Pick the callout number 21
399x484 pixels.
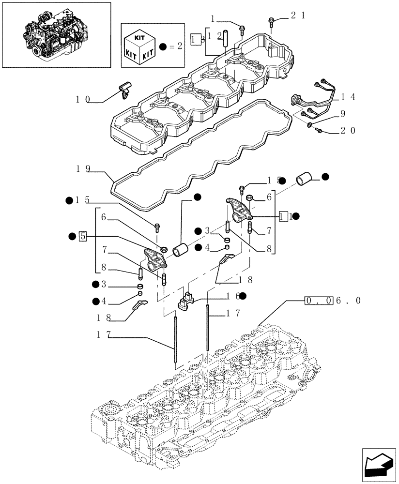298,16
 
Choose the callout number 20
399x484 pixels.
348,130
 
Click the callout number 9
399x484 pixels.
342,114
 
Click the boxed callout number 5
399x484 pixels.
83,236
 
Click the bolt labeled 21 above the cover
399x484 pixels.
271,22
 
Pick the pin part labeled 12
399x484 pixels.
224,41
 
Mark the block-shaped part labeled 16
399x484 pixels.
185,301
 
